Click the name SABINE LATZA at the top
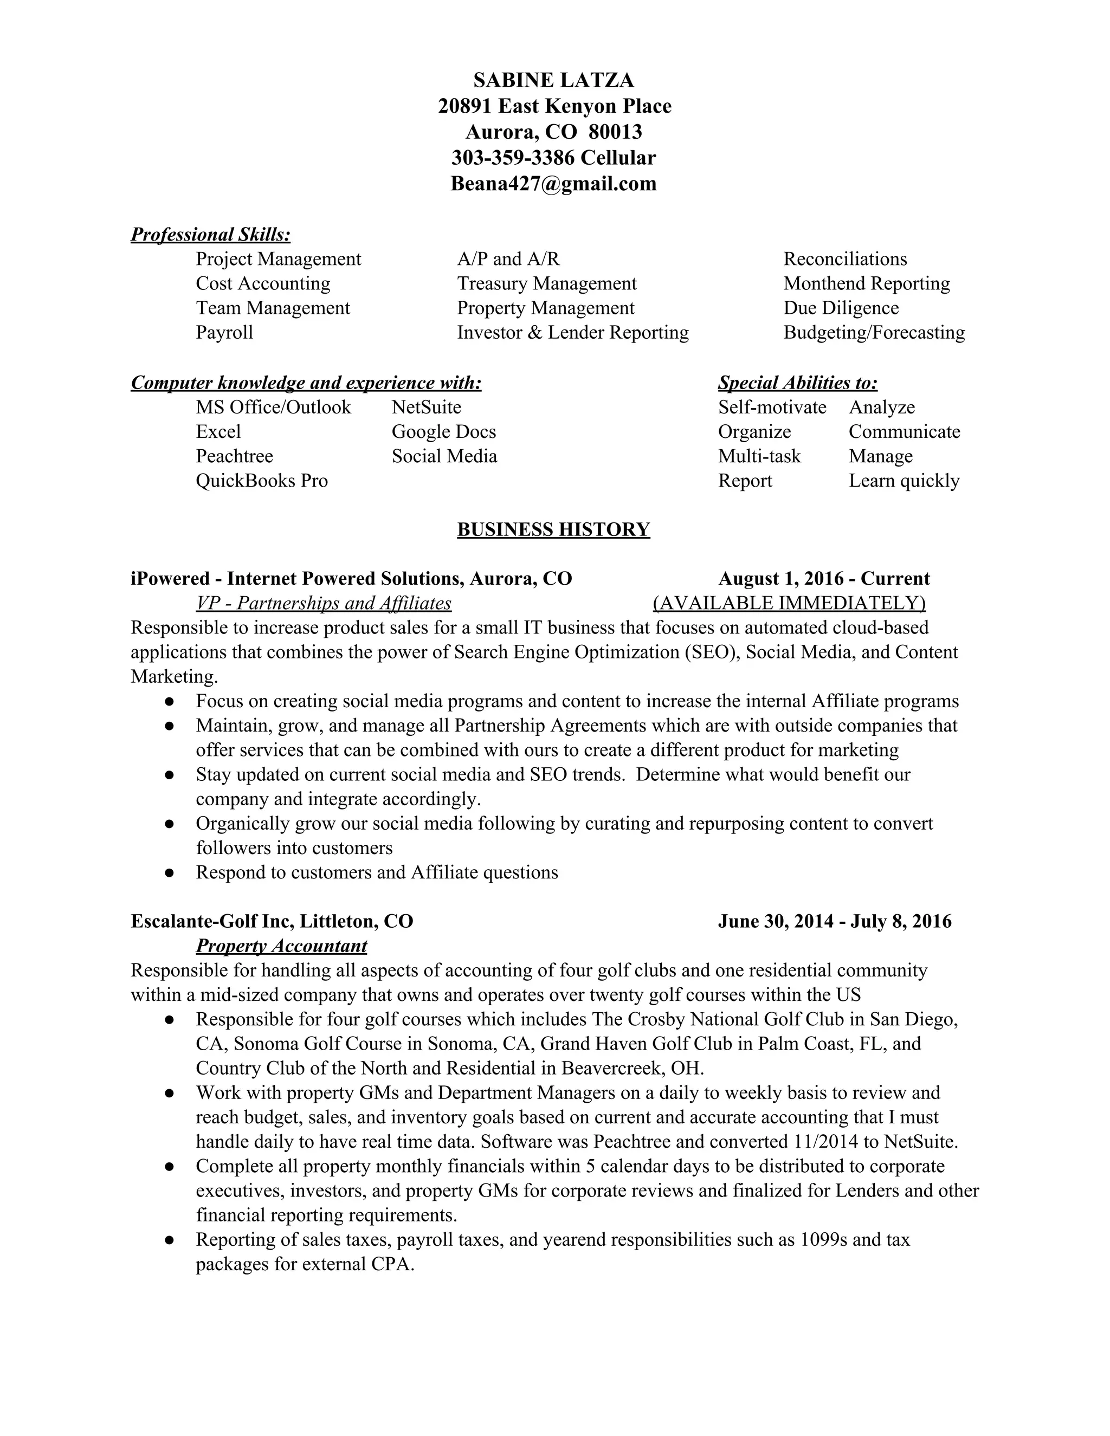click(554, 80)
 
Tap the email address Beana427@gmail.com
click(554, 184)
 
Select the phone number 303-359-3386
click(512, 158)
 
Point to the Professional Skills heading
click(210, 235)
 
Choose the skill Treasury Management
click(546, 283)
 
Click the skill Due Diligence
click(841, 308)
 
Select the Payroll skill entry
click(224, 332)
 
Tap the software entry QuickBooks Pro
click(262, 481)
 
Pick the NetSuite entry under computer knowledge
click(427, 407)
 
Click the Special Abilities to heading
click(798, 383)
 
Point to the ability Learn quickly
click(904, 481)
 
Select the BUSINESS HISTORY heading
click(554, 529)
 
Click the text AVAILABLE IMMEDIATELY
click(789, 603)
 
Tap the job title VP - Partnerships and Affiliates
click(324, 603)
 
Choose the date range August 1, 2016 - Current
click(824, 579)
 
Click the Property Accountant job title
click(281, 946)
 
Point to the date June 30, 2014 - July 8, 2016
click(835, 921)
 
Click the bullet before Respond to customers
click(170, 873)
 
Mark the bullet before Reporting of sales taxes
click(170, 1240)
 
